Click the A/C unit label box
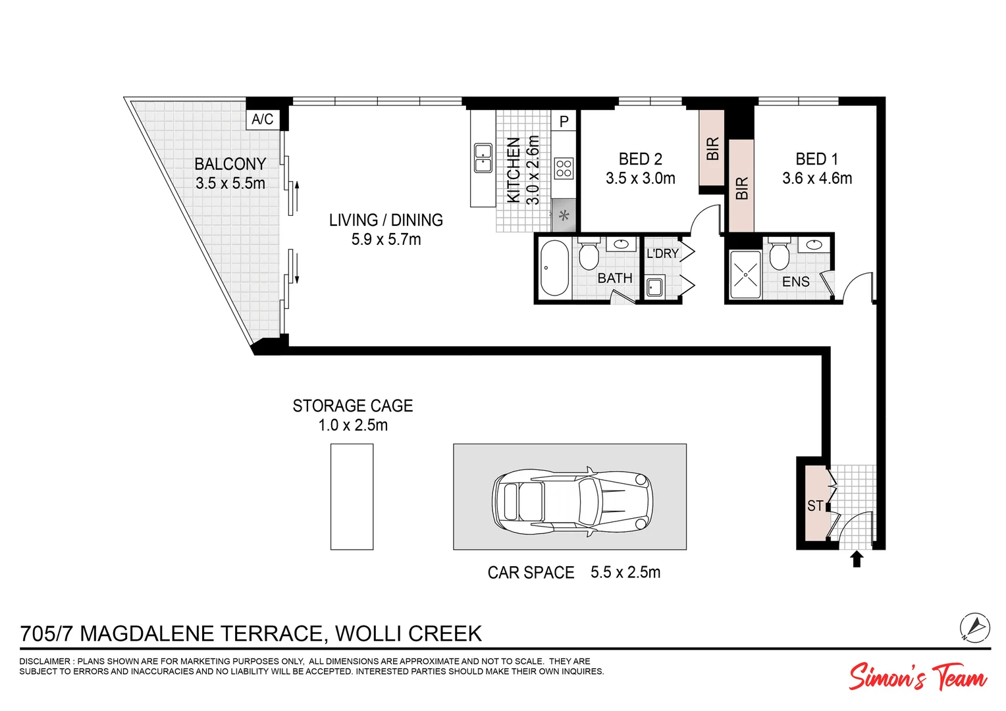click(262, 119)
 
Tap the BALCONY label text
click(230, 164)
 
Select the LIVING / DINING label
click(386, 220)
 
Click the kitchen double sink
click(483, 158)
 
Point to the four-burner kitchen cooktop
click(564, 169)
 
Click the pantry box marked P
click(564, 121)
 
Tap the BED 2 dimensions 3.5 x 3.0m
click(640, 178)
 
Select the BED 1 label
click(816, 159)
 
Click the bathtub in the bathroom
click(554, 268)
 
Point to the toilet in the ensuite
click(780, 255)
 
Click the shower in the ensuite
click(745, 274)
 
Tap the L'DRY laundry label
click(662, 253)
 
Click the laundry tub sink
click(654, 287)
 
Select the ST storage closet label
click(815, 506)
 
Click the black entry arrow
click(856, 559)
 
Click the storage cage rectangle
click(352, 496)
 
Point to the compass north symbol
click(974, 626)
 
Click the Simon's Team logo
click(917, 677)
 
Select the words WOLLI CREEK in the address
click(408, 633)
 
